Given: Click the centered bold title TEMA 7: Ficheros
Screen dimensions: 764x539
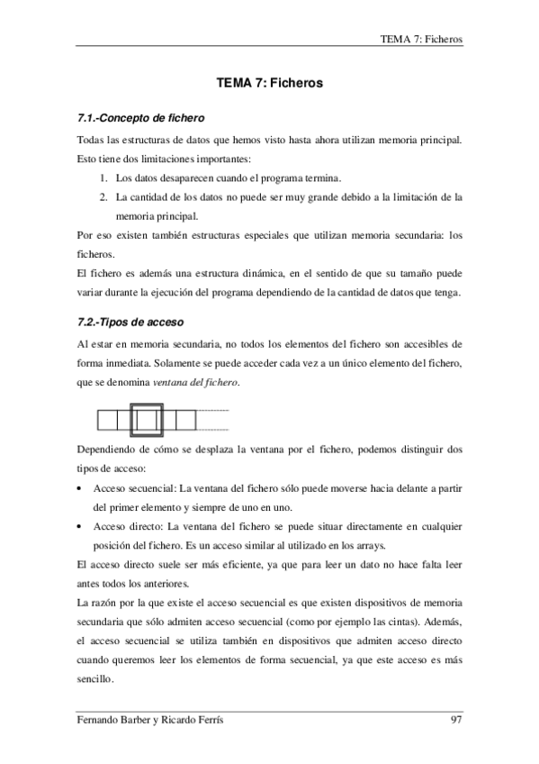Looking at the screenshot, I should (x=270, y=83).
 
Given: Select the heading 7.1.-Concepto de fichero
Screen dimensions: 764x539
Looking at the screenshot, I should (x=138, y=118).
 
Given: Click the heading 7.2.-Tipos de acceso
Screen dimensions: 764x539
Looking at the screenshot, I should (x=126, y=321).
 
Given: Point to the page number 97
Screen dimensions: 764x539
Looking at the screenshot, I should (x=456, y=719).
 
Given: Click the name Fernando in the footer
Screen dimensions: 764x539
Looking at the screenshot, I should (x=100, y=719).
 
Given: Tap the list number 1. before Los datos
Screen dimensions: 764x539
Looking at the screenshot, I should (x=103, y=177).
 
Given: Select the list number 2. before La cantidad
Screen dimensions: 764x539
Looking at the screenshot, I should (x=103, y=196).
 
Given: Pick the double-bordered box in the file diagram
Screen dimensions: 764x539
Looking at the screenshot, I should (x=147, y=420).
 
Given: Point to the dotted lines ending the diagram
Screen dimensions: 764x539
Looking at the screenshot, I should (x=213, y=420).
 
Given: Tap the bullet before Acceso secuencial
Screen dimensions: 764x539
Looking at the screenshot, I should (x=83, y=488).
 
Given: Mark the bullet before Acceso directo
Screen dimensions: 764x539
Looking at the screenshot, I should (x=83, y=527).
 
